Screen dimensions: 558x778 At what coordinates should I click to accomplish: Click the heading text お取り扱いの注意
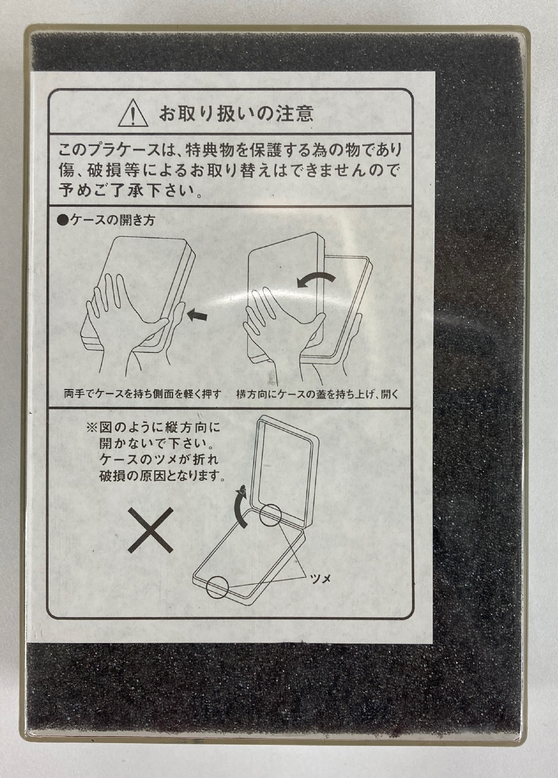point(236,113)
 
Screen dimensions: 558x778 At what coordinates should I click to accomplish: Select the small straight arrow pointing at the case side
point(197,316)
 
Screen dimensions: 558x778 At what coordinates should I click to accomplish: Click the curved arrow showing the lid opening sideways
point(315,278)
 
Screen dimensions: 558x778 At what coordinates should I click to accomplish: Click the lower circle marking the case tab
point(217,587)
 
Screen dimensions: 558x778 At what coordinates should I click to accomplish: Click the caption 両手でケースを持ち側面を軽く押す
point(142,394)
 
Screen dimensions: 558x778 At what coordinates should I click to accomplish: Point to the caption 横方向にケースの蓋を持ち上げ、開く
point(317,394)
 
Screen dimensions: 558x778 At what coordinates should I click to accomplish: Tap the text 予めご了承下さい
point(127,190)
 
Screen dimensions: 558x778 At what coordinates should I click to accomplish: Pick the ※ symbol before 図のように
point(91,427)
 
